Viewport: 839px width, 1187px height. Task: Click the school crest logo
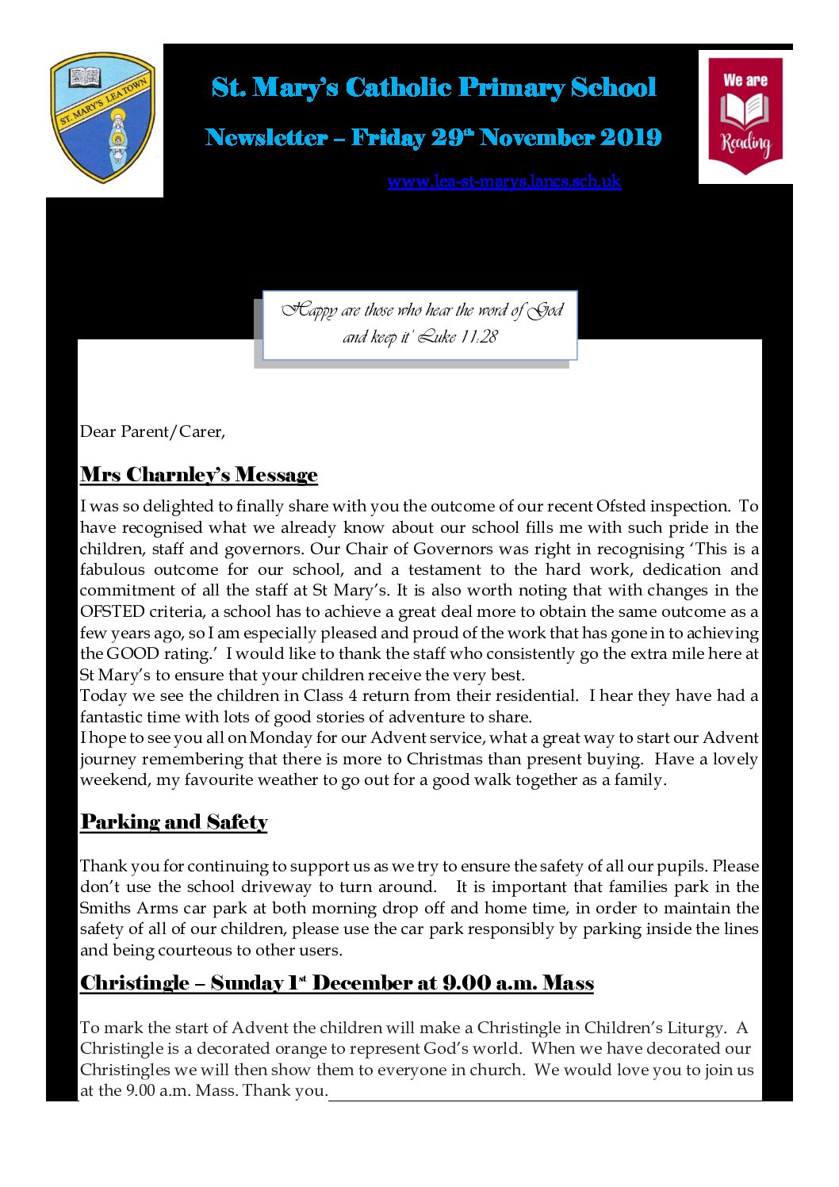click(103, 117)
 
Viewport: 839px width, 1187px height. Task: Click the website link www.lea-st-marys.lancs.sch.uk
click(504, 182)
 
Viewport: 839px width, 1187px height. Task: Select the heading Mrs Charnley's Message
click(198, 475)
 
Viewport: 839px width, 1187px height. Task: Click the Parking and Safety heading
click(174, 822)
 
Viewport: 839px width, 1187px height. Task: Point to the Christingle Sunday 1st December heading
click(336, 983)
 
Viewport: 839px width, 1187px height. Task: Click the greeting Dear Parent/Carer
click(152, 432)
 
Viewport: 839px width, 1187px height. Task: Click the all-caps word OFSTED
click(112, 612)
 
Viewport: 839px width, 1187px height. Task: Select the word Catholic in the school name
click(398, 88)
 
